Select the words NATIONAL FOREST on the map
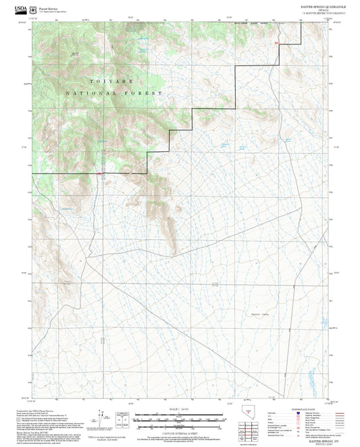(115, 93)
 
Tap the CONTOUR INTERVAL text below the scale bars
(180, 432)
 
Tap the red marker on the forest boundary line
(99, 175)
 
